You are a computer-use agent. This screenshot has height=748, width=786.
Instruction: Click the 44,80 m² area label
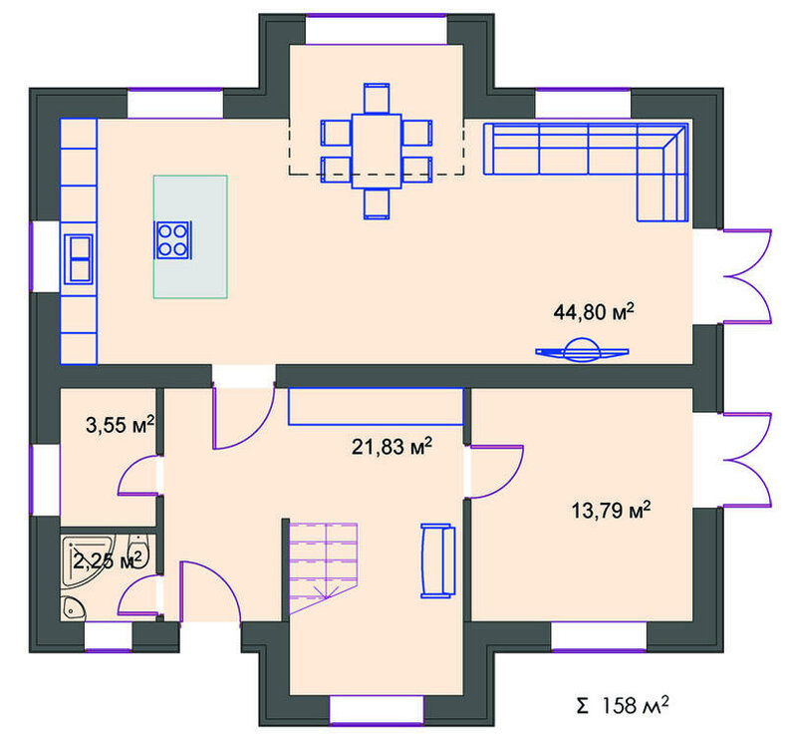[x=594, y=312]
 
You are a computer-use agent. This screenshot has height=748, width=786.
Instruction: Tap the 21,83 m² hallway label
[x=392, y=446]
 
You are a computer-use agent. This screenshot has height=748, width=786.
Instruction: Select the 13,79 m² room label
[x=611, y=510]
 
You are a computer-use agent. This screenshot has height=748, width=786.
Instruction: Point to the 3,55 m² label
[x=120, y=425]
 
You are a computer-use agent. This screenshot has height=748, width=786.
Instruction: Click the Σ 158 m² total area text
[x=622, y=705]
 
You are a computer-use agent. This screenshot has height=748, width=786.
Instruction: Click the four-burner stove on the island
[x=173, y=240]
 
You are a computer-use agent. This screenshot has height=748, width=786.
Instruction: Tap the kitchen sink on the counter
[x=79, y=259]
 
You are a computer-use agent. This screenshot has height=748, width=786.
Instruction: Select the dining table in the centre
[x=377, y=152]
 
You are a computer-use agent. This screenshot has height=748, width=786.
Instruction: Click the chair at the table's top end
[x=377, y=98]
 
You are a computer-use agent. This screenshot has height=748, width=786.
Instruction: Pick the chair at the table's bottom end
[x=377, y=203]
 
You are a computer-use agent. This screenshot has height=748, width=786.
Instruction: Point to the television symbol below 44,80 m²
[x=582, y=350]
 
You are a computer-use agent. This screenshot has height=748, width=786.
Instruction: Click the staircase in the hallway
[x=324, y=567]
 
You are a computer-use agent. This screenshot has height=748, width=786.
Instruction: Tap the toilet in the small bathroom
[x=137, y=551]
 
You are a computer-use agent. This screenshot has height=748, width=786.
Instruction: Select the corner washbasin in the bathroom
[x=73, y=608]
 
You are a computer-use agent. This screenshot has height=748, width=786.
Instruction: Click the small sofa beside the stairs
[x=437, y=561]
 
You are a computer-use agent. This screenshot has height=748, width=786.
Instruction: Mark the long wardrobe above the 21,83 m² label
[x=376, y=406]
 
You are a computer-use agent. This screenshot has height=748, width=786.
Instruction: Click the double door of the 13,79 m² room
[x=747, y=460]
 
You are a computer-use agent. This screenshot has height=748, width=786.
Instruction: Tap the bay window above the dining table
[x=376, y=30]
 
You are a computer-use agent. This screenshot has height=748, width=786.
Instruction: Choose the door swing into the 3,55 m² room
[x=136, y=476]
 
